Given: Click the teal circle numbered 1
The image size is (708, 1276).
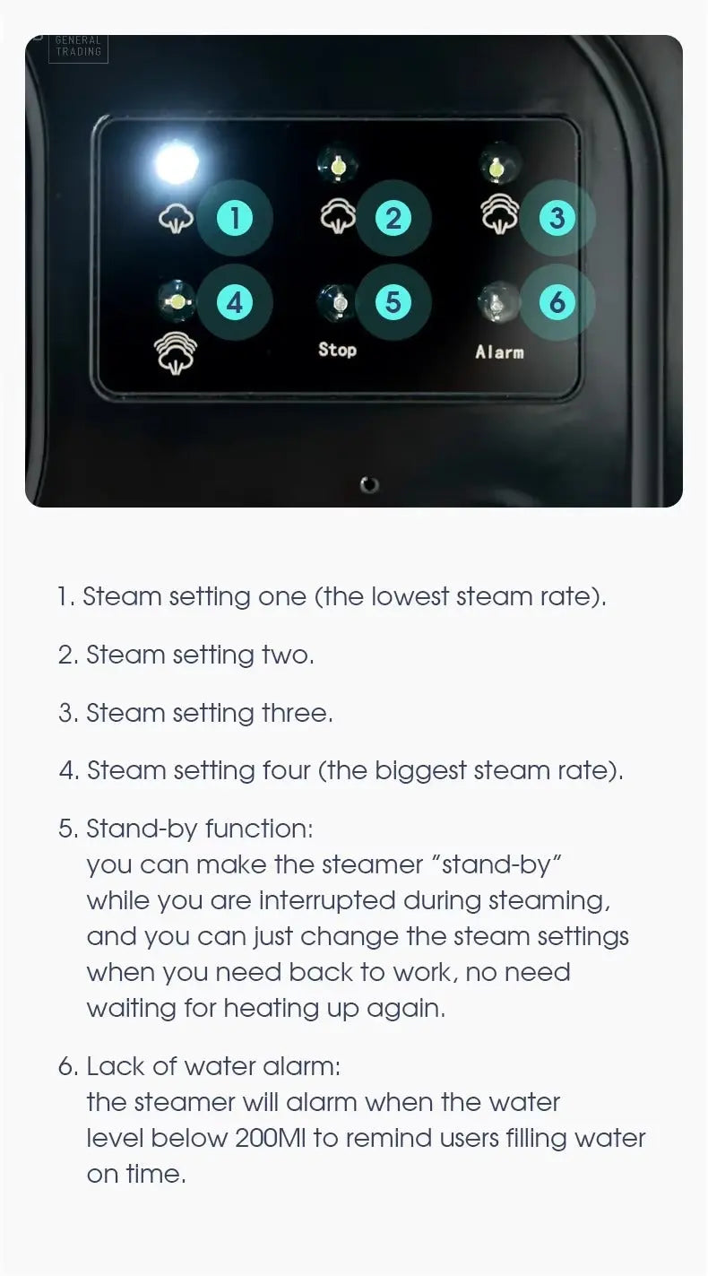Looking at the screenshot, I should (x=234, y=218).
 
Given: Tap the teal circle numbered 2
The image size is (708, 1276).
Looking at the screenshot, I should (x=393, y=218).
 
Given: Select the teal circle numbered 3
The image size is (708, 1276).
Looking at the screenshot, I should (x=557, y=218).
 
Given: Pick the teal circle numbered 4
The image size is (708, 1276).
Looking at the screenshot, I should (x=234, y=302).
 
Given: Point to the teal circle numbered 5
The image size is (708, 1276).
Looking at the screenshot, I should (x=393, y=302).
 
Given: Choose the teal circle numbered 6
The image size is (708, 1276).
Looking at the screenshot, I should (x=557, y=302).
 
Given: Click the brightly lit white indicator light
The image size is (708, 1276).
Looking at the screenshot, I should (x=176, y=163).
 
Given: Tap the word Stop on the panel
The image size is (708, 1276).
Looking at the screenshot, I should (x=337, y=350).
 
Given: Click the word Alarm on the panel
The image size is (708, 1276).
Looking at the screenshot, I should (x=499, y=352).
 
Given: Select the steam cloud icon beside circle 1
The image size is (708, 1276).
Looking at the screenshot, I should (x=176, y=219).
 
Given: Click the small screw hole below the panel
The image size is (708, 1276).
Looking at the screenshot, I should (x=369, y=485).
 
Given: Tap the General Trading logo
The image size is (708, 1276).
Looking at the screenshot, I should (x=79, y=48).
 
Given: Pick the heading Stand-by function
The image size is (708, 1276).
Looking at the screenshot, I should (x=199, y=829).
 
